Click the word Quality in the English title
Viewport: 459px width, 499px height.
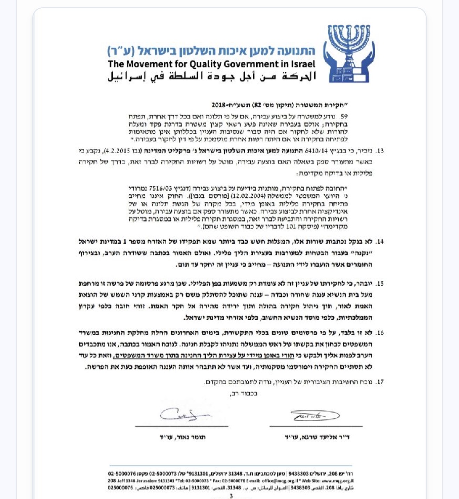205,64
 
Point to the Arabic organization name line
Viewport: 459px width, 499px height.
212,76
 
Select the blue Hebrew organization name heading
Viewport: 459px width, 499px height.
211,51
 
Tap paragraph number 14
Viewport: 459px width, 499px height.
379,242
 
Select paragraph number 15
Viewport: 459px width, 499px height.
379,283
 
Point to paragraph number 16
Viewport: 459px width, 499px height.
379,333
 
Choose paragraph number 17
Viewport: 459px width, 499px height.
379,382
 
